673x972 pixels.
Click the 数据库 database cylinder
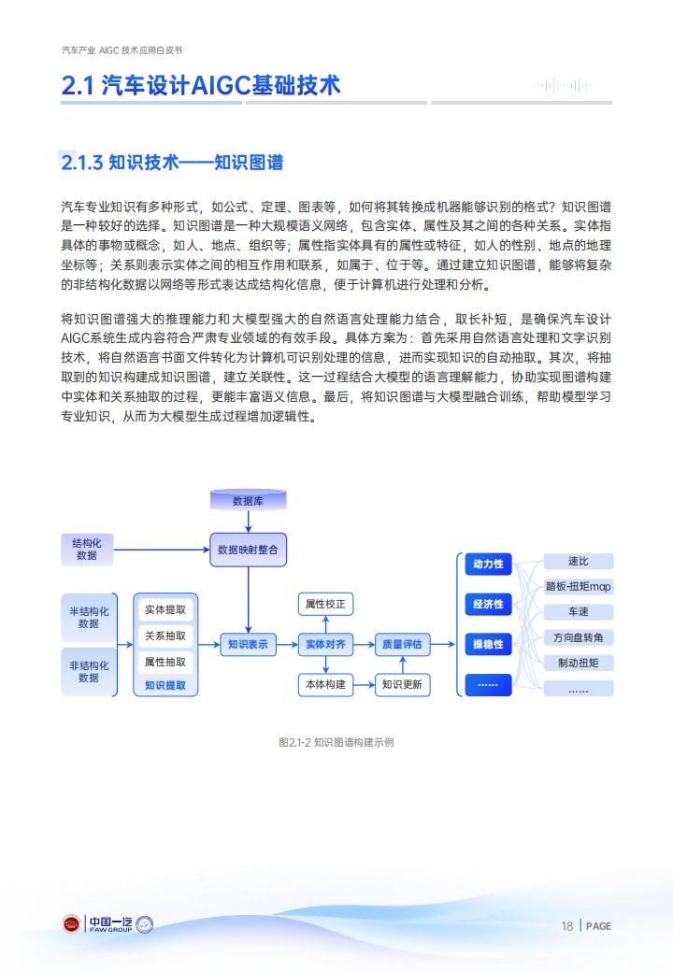click(248, 500)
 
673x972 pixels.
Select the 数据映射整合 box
click(248, 550)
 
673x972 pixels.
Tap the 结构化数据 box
click(87, 550)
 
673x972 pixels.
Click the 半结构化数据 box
click(89, 618)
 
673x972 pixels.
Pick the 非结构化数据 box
click(89, 671)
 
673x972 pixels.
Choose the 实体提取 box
click(165, 610)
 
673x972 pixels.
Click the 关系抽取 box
click(165, 636)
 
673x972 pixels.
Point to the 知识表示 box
click(248, 645)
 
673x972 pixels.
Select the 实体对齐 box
click(325, 645)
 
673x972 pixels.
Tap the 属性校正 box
click(325, 604)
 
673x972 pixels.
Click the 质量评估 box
click(402, 645)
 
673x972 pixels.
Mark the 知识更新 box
click(402, 684)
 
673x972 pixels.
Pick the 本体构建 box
click(325, 684)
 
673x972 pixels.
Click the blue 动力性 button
click(488, 565)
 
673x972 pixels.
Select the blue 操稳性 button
click(488, 645)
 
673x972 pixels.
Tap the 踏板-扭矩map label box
click(579, 586)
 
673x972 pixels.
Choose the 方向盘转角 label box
click(579, 637)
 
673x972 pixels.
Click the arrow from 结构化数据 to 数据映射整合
click(162, 550)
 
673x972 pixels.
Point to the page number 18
click(567, 926)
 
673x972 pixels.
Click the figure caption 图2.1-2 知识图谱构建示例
click(336, 742)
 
